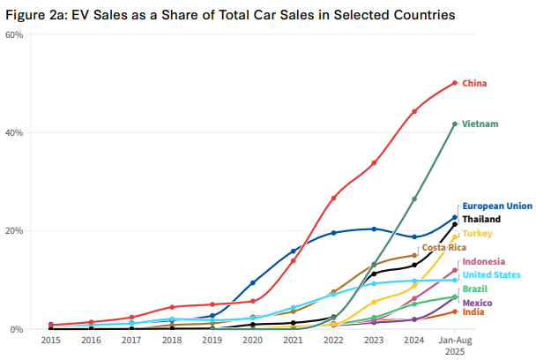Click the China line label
(x=475, y=83)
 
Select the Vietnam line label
(x=480, y=124)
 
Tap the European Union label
(x=497, y=206)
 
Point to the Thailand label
(x=481, y=219)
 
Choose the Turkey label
(x=477, y=233)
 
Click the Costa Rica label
(x=444, y=248)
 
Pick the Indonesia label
(x=484, y=261)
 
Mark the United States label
(x=492, y=274)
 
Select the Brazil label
(x=476, y=289)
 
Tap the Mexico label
(x=478, y=303)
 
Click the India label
(x=473, y=312)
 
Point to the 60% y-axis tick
(x=15, y=34)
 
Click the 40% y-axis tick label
(x=15, y=132)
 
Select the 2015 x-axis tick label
(x=51, y=339)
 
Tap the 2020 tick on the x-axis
(x=253, y=339)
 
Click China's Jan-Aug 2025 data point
(x=455, y=83)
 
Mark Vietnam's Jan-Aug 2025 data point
(x=455, y=124)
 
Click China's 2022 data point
(x=334, y=198)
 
